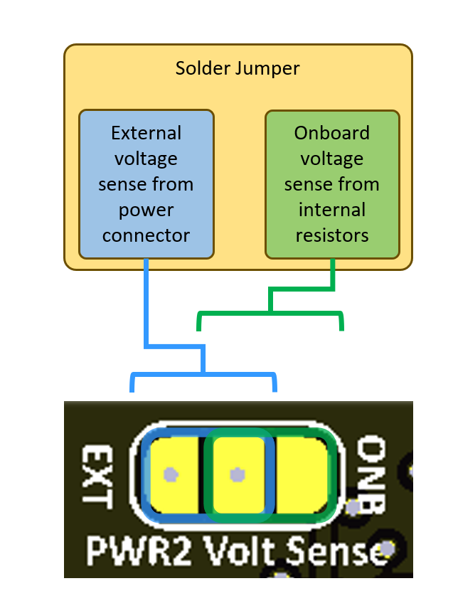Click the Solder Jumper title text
(x=238, y=69)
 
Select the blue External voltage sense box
(x=146, y=183)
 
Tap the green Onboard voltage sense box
(x=332, y=183)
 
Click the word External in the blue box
(x=146, y=133)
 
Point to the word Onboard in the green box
(x=332, y=133)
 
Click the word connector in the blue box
(x=146, y=235)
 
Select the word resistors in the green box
(x=332, y=235)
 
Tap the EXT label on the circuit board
(x=97, y=476)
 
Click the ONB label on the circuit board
(x=370, y=476)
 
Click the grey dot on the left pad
(x=169, y=474)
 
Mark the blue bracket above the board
(x=203, y=373)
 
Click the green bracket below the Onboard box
(x=270, y=313)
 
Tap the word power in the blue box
(x=146, y=210)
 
